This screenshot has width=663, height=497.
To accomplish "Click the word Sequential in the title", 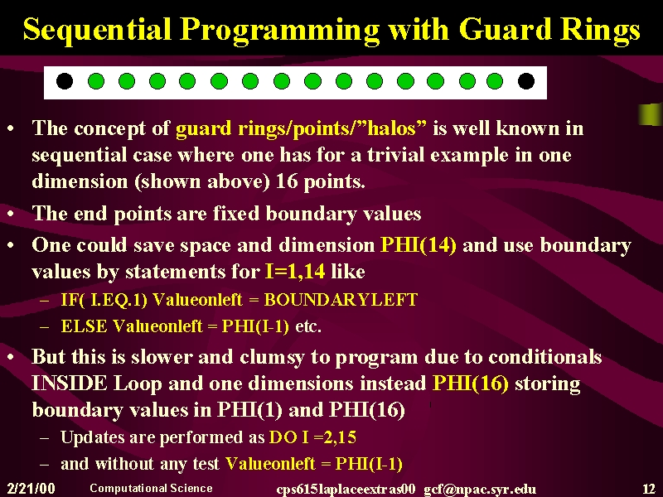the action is coord(97,31).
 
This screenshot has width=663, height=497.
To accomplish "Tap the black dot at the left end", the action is coord(65,81).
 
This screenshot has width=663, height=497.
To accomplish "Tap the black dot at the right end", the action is coord(526,81).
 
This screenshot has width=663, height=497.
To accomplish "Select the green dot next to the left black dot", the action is coord(96,81).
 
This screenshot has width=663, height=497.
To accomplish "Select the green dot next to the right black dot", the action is coord(494,81).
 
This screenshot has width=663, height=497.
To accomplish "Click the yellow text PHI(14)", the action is coord(419,245).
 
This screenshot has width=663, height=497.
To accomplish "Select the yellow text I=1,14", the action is coord(295,272).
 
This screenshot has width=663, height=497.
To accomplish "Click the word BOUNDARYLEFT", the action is coord(341,300).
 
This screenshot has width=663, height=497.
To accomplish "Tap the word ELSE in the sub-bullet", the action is coord(85,326).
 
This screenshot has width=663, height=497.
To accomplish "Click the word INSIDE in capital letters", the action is coord(70,384).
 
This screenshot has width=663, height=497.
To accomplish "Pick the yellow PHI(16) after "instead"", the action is coord(470,384).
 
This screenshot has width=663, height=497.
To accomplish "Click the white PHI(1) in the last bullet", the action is coord(249,409).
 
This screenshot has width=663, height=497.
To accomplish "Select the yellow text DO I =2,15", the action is coord(312,437).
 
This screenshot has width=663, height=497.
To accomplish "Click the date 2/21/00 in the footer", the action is coord(31,489).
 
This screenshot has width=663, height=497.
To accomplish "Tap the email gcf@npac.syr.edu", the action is coord(480,490).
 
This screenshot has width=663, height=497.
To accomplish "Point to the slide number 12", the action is coord(648,489).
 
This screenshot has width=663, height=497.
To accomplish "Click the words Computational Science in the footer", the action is coord(151,488).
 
